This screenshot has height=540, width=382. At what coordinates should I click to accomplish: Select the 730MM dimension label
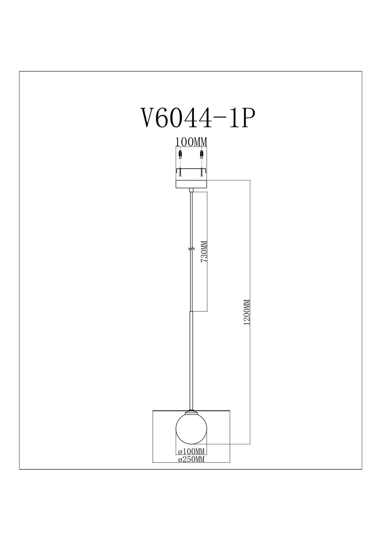(204, 251)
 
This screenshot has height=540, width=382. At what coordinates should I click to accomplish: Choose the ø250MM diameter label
(191, 459)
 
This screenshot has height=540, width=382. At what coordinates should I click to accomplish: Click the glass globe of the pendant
(191, 430)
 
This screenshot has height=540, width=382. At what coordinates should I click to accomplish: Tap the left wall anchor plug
(180, 155)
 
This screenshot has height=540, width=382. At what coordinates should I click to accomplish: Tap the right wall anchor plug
(201, 155)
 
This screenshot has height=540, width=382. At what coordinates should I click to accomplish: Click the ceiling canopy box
(191, 184)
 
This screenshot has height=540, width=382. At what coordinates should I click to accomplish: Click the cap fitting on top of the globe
(191, 413)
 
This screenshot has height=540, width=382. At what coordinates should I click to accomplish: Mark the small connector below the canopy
(191, 190)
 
